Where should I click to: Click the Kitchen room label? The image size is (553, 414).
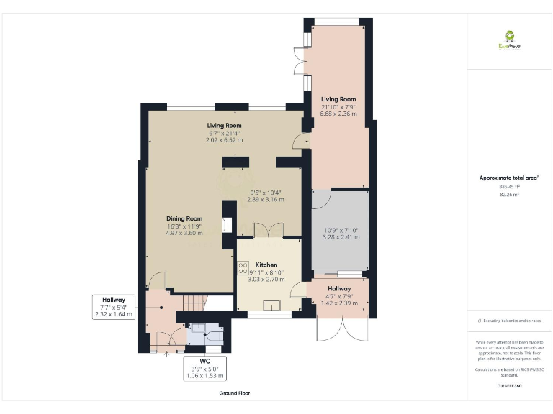point(266,265)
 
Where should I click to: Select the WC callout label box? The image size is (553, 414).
point(205,367)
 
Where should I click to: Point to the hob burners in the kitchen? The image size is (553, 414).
point(241,267)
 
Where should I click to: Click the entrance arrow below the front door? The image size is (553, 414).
point(168,354)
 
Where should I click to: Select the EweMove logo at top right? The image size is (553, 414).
point(510,40)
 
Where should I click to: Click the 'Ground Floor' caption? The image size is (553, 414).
point(235,393)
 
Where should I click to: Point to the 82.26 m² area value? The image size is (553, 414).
point(509,194)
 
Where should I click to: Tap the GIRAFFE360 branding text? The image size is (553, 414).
point(509,387)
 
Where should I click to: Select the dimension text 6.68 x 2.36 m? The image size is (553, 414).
point(338,114)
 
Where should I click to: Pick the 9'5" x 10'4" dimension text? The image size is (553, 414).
point(265,193)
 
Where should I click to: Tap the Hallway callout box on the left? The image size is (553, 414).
point(114,307)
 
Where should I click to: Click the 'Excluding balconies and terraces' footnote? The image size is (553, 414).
point(509,321)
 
